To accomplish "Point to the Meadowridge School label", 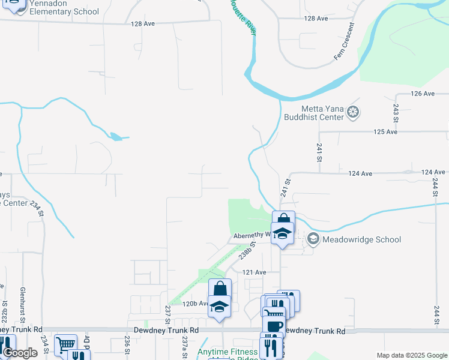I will [361, 239].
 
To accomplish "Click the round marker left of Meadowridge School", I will [313, 239].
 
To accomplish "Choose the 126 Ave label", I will [423, 94].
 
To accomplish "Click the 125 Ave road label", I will [386, 131].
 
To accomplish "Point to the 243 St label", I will [396, 110].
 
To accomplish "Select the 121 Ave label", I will [254, 272].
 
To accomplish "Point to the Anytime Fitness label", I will [228, 352].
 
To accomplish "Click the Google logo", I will [20, 353].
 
